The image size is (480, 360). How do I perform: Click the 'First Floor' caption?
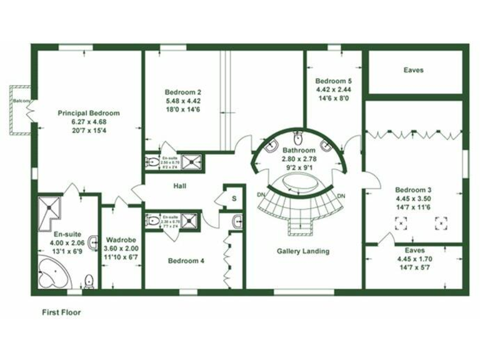61,311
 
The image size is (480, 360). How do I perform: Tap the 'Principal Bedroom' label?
89,113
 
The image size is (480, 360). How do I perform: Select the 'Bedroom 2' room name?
183,91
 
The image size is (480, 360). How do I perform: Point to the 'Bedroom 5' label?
333,81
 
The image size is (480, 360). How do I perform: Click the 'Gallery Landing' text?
303,251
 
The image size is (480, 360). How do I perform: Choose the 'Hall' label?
181,186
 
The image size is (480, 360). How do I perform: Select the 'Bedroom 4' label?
186,261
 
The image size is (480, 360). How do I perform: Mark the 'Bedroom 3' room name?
413,189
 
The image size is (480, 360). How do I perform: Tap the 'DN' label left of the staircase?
261,195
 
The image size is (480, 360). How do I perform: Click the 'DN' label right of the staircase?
341,196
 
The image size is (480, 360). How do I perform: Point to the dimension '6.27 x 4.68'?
89,122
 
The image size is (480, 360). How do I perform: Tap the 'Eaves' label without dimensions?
413,70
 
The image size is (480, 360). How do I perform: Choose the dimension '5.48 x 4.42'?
183,101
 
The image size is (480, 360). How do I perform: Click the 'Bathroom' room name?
297,151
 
